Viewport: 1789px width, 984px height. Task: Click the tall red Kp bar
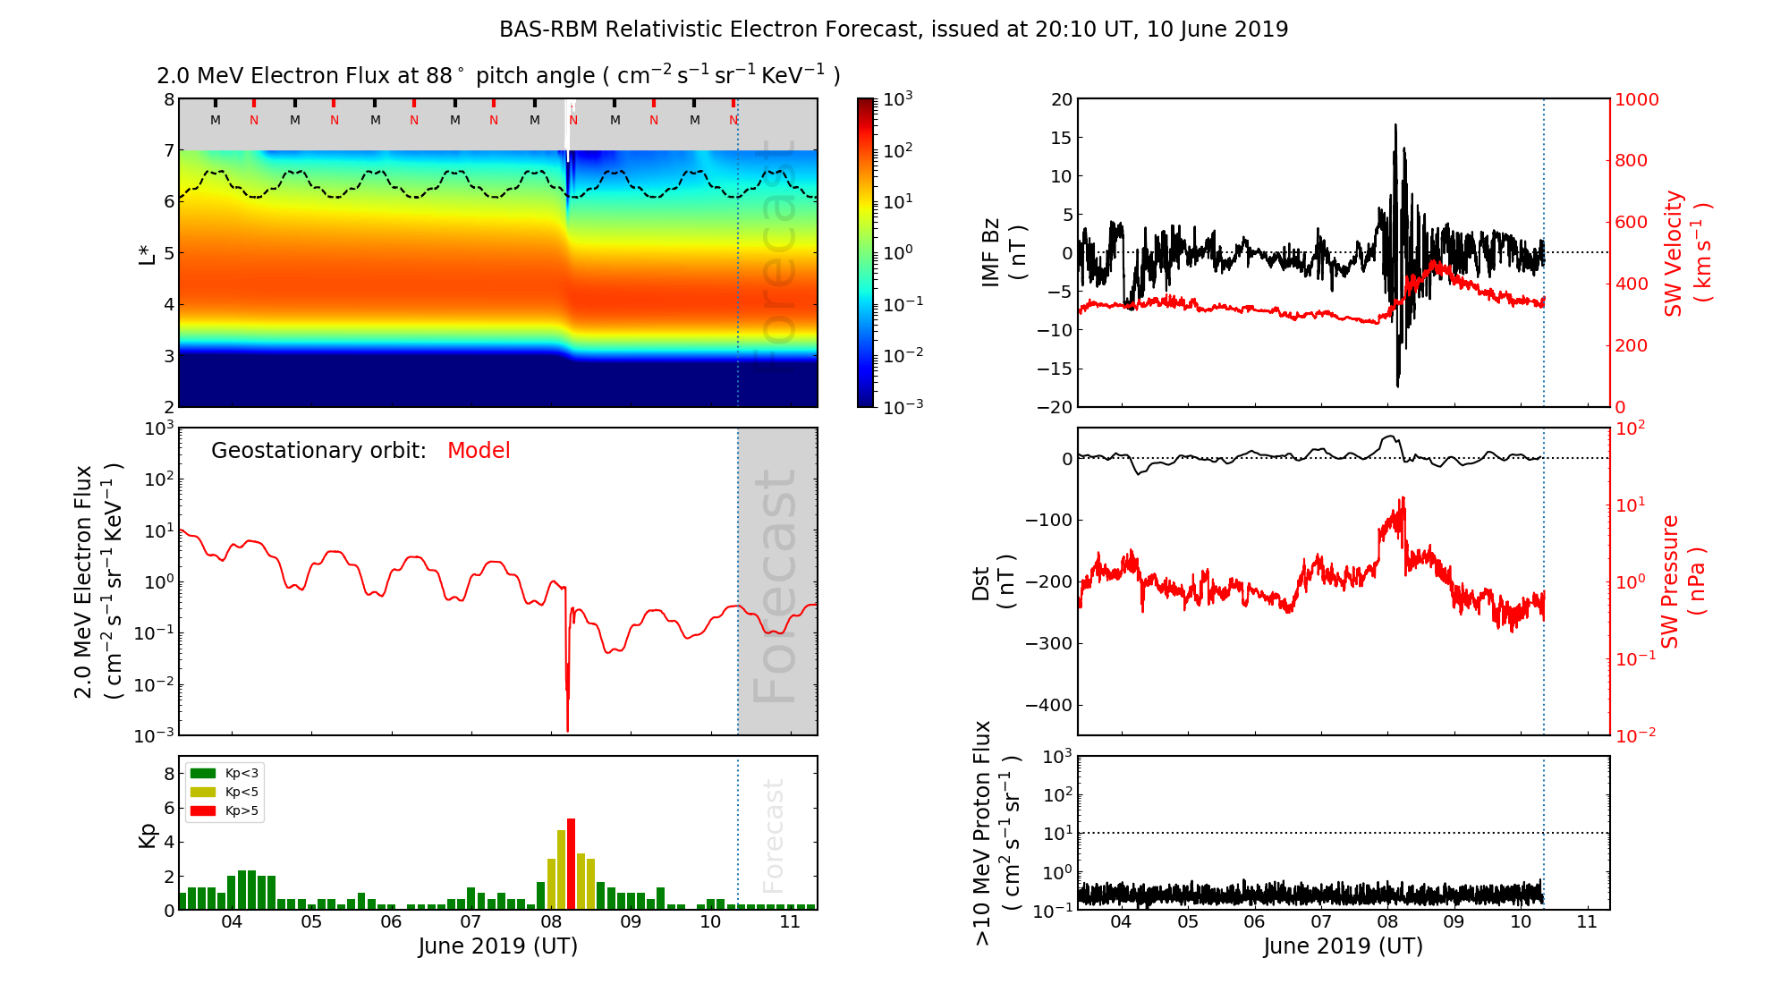[571, 863]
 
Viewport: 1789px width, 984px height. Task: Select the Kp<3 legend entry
[224, 773]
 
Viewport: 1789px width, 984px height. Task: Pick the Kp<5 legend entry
[224, 792]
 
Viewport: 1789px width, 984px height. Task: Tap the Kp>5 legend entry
[224, 811]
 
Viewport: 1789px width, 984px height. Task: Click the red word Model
[479, 451]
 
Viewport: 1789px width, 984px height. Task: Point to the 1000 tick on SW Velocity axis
[1636, 99]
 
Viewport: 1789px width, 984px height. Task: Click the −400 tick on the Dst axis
[1048, 705]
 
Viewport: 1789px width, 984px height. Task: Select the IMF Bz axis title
[1003, 252]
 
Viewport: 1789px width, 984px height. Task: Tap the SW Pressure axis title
[1683, 581]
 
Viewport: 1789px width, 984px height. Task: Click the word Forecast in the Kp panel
[773, 836]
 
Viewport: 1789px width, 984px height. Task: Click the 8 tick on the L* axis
[168, 99]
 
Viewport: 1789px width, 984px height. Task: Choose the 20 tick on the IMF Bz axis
[1061, 99]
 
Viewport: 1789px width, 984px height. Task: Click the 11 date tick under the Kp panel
[790, 922]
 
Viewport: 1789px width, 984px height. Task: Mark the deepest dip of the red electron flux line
[567, 729]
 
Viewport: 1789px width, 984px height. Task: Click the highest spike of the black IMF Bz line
[1395, 126]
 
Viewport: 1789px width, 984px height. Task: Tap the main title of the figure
[894, 30]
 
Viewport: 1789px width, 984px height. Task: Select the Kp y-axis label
[148, 835]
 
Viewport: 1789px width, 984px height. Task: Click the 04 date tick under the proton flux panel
[1121, 922]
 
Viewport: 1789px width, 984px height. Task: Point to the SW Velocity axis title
[1686, 252]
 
